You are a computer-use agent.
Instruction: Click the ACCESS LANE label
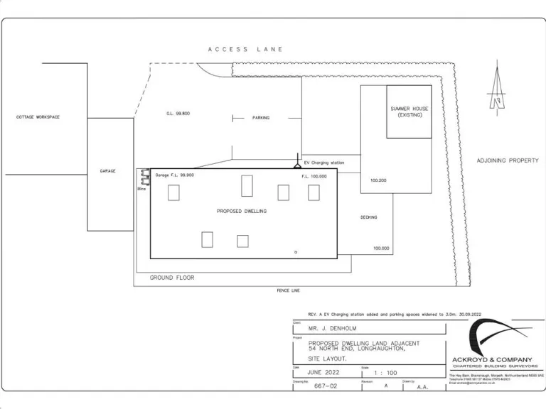coord(245,50)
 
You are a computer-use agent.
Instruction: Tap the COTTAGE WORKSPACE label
coord(38,116)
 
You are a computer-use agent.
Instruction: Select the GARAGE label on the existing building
coord(108,171)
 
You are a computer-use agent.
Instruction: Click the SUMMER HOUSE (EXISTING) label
coord(409,111)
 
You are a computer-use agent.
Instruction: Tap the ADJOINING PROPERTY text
coord(508,161)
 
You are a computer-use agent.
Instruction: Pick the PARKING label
coord(261,118)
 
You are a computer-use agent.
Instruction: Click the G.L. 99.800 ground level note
coord(178,114)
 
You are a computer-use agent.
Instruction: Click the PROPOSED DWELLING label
coord(242,212)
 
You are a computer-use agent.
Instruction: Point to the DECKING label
coord(368,217)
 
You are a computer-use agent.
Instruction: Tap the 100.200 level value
coord(378,180)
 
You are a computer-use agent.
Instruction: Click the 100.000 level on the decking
coord(381,249)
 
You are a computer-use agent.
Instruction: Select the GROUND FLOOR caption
coord(171,278)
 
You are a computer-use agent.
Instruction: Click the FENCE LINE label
coord(288,291)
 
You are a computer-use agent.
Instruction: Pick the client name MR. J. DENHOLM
coord(333,329)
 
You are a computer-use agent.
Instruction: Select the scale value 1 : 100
coord(385,371)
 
